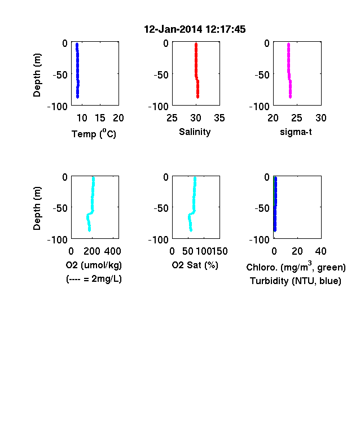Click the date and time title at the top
[x=195, y=29]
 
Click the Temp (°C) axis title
[x=94, y=133]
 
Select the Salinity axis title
[x=195, y=132]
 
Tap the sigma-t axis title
[x=296, y=132]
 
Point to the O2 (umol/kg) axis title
[x=94, y=265]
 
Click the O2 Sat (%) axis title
[x=195, y=265]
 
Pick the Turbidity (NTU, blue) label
[x=296, y=281]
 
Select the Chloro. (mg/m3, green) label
[x=296, y=267]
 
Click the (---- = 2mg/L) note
[x=94, y=279]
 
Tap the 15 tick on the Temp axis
[x=100, y=118]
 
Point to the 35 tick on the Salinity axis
[x=219, y=118]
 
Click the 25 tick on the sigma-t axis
[x=297, y=118]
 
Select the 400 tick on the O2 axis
[x=112, y=251]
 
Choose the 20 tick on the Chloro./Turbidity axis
[x=297, y=251]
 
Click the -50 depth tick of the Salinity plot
[x=161, y=75]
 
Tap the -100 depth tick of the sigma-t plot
[x=260, y=107]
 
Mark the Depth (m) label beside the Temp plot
[x=37, y=75]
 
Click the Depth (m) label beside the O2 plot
[x=37, y=208]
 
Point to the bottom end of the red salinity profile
[x=197, y=97]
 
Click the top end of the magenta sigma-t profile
[x=288, y=44]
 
